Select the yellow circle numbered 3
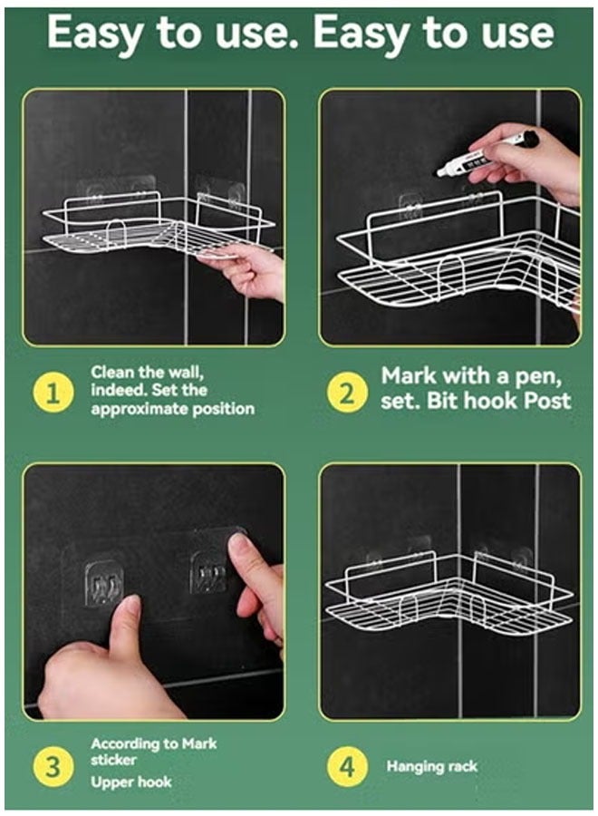(x=53, y=766)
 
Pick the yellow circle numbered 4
(x=347, y=766)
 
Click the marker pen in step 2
(x=487, y=153)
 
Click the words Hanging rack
(x=431, y=766)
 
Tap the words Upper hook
(x=131, y=782)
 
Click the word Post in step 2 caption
(x=547, y=401)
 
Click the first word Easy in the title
(x=94, y=33)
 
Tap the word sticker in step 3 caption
(x=113, y=761)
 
